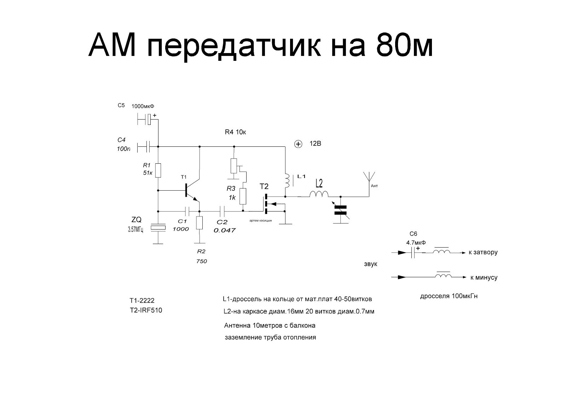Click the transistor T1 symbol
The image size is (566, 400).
[x=191, y=191]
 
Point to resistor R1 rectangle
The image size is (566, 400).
[x=158, y=170]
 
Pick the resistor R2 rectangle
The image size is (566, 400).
[x=200, y=223]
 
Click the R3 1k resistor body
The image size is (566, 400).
[x=243, y=196]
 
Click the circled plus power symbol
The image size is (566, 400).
[x=299, y=144]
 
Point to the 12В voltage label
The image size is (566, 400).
[x=315, y=144]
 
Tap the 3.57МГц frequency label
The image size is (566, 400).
[x=135, y=230]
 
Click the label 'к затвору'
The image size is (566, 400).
[x=483, y=253]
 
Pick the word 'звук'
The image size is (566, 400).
[x=370, y=264]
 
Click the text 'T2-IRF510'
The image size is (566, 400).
[x=146, y=310]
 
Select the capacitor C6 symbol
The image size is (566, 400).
[x=413, y=253]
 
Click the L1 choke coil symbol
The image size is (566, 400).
[x=287, y=181]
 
